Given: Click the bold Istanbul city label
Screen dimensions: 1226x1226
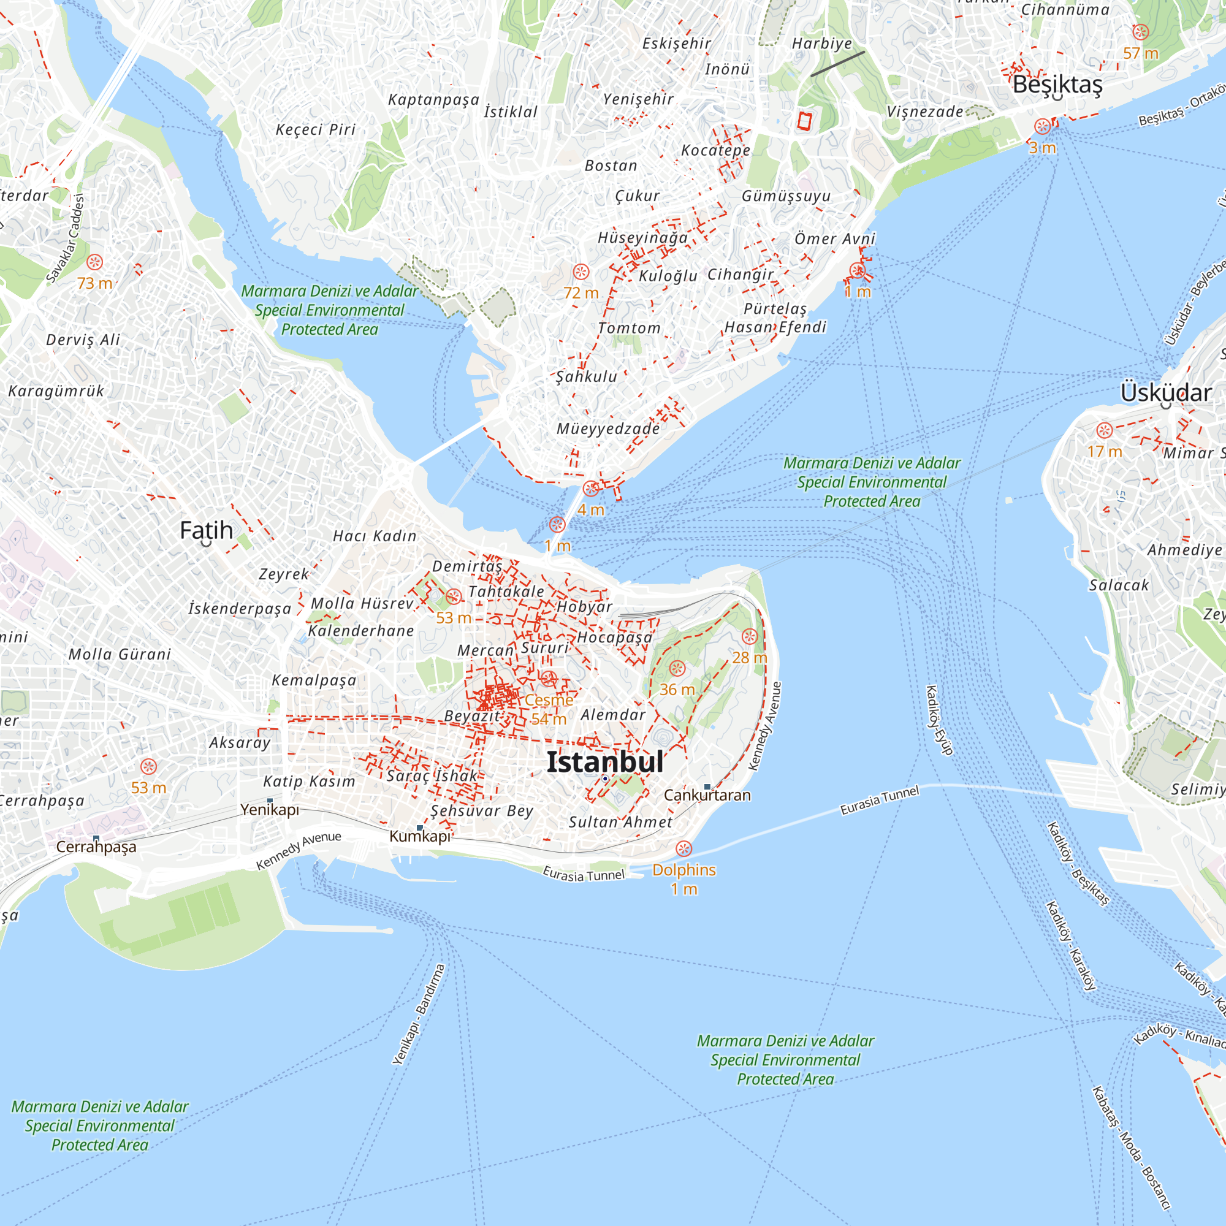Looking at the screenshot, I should point(605,762).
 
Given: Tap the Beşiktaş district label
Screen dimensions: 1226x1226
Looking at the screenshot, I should point(1057,85).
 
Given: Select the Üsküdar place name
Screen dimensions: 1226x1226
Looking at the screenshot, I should point(1166,393).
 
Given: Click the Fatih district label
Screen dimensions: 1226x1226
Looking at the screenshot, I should point(206,530).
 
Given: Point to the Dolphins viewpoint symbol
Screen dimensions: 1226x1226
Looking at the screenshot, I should point(683,848).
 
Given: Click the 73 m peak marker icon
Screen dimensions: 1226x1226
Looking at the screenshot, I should point(94,262).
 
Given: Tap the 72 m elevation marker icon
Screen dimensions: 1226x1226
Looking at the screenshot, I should point(581,272).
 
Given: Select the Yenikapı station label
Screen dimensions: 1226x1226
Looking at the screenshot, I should point(270,810).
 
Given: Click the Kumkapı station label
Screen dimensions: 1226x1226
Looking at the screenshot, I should point(419,836).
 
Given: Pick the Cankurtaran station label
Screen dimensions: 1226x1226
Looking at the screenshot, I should point(707,795).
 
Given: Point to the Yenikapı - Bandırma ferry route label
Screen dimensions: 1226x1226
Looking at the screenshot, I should point(418,1014).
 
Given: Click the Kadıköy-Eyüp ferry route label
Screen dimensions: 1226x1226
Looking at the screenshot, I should point(940,720).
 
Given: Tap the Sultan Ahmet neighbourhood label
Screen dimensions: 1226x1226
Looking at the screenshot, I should point(620,823).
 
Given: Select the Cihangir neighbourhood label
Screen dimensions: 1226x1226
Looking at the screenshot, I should point(741,274).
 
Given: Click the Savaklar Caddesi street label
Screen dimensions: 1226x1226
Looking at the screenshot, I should point(66,238).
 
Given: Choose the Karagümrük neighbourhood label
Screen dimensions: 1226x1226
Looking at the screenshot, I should point(56,391).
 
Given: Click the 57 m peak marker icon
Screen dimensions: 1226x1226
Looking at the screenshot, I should point(1140,32).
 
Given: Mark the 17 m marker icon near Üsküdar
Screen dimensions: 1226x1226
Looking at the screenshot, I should point(1104,430).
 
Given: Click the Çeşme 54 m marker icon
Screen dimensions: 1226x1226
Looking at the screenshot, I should point(548,679).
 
